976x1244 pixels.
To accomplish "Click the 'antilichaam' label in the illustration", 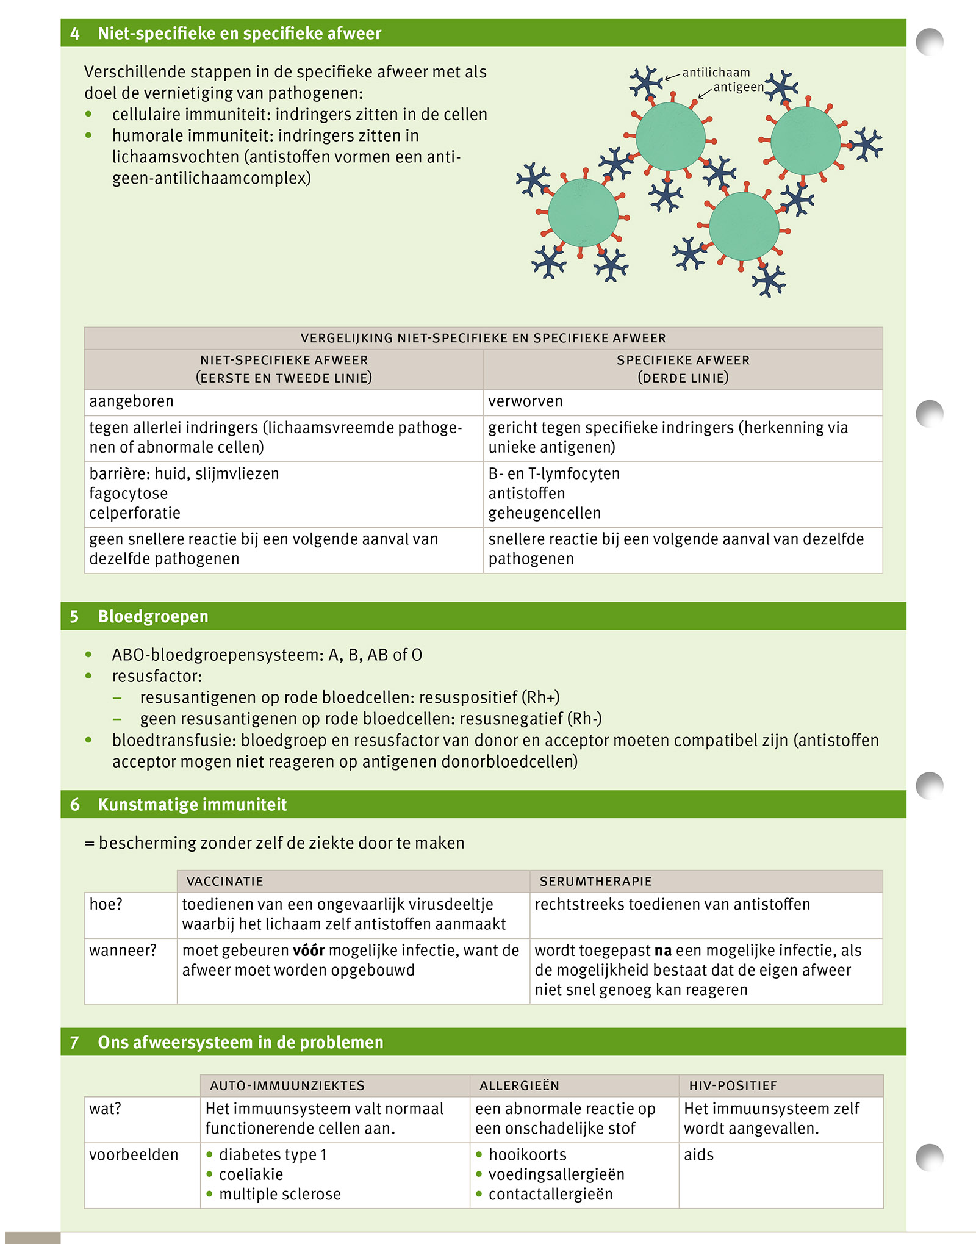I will [x=716, y=73].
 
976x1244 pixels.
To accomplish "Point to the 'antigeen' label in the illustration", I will [x=738, y=87].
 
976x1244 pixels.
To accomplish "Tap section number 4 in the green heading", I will [x=75, y=34].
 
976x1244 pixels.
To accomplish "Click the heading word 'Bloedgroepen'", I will [x=153, y=616].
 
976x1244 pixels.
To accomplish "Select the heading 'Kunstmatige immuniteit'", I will [x=192, y=804].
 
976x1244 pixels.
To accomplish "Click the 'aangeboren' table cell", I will [x=131, y=401].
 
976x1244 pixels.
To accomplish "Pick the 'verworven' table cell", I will [x=525, y=401].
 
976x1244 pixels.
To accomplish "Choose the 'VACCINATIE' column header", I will [x=224, y=881].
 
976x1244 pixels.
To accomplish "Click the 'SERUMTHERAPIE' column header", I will [x=595, y=881].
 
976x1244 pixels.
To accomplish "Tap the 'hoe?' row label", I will [x=106, y=904].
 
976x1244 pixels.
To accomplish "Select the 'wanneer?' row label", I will [x=123, y=950].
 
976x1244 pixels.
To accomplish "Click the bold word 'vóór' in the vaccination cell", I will [x=309, y=950].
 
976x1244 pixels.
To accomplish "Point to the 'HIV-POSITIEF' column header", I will [x=733, y=1085].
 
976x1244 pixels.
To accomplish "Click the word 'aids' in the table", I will [x=698, y=1154].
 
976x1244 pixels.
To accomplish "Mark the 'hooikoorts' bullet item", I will [x=527, y=1154].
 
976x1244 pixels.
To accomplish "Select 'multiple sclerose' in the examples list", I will [x=279, y=1194].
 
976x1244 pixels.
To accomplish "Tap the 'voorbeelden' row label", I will [x=134, y=1154].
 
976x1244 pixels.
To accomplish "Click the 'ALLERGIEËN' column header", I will [x=519, y=1085].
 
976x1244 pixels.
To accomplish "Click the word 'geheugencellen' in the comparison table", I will [x=544, y=513].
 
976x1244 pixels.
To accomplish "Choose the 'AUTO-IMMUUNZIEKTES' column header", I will [x=287, y=1085].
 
